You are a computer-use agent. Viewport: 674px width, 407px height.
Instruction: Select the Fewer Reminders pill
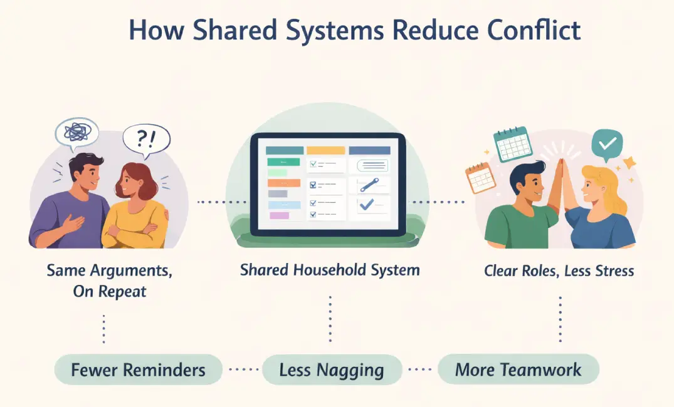(x=138, y=369)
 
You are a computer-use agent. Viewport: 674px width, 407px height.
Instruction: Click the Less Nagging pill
(x=332, y=369)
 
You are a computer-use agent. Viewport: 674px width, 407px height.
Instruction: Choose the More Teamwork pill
(x=518, y=369)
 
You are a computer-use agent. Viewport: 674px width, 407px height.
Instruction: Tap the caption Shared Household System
(x=330, y=271)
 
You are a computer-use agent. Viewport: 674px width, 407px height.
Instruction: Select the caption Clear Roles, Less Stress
(x=559, y=271)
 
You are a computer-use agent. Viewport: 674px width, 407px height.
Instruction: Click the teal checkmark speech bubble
(x=607, y=143)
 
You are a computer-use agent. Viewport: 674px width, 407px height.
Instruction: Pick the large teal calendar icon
(x=512, y=145)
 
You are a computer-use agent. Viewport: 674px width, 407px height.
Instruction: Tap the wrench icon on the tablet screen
(x=369, y=185)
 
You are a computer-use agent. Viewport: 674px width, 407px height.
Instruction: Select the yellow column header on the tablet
(x=325, y=150)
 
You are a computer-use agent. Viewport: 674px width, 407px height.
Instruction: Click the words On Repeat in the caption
(x=109, y=291)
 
